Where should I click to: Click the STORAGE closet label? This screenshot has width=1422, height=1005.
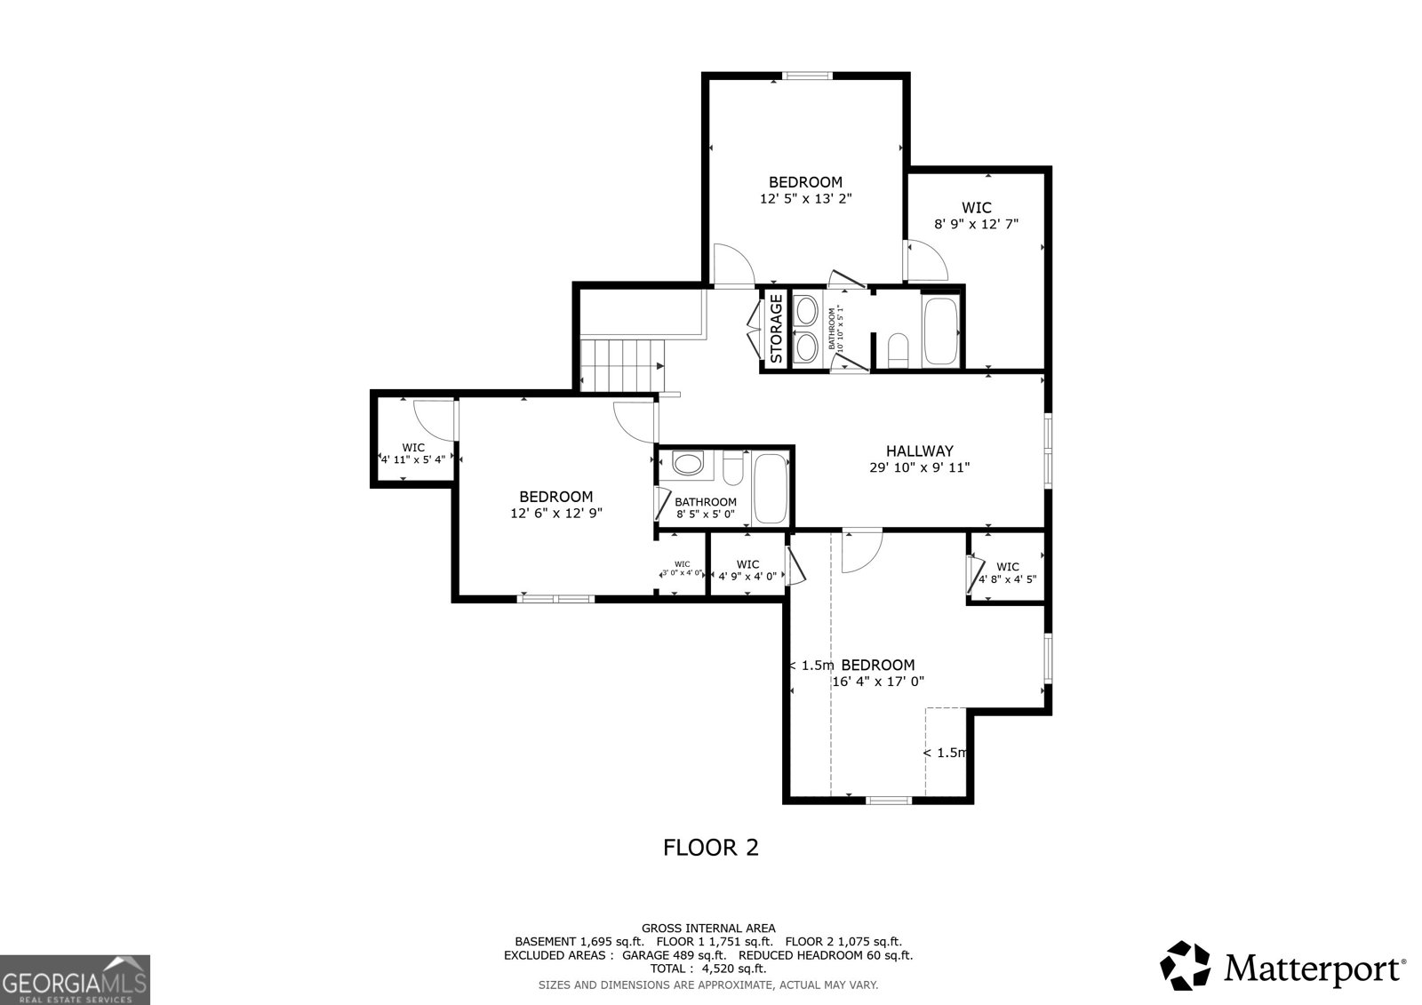[776, 329]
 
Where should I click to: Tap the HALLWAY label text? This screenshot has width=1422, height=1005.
[919, 451]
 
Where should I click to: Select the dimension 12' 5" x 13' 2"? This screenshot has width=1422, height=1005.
[805, 199]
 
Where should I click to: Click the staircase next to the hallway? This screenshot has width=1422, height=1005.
[622, 363]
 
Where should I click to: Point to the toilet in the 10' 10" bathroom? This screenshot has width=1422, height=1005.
[899, 350]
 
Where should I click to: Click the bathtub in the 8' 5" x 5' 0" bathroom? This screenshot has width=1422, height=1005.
[770, 489]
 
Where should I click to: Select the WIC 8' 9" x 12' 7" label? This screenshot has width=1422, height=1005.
[975, 216]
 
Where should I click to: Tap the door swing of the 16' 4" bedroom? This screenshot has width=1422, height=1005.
[860, 551]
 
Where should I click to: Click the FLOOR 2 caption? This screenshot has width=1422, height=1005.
[711, 847]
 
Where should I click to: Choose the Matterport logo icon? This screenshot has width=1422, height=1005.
[1186, 966]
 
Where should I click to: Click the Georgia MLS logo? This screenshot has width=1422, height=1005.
[75, 980]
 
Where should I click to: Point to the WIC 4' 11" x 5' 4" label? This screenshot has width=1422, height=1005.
[412, 453]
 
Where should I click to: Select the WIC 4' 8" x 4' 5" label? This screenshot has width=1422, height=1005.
[1007, 572]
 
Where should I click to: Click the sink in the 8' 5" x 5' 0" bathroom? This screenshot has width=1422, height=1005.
[687, 463]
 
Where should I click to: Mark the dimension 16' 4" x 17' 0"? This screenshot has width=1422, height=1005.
[878, 682]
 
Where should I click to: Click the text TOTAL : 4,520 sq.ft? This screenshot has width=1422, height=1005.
[707, 969]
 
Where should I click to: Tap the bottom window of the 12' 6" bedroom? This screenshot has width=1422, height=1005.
[556, 598]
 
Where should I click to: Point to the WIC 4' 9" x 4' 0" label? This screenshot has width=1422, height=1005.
[747, 570]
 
